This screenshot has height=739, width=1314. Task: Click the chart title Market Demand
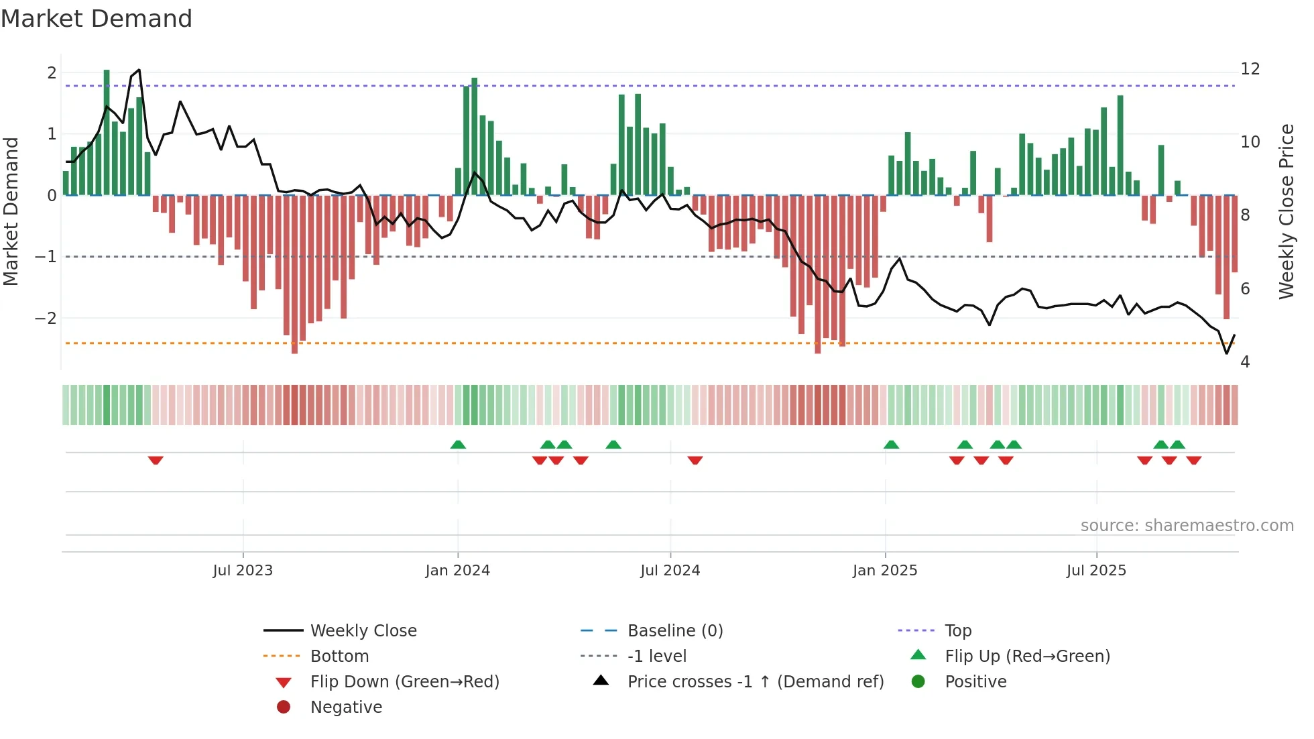click(97, 19)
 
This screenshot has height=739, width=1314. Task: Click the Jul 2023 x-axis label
click(243, 571)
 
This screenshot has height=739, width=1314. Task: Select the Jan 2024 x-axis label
click(458, 571)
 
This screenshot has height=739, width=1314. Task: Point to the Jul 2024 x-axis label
click(670, 571)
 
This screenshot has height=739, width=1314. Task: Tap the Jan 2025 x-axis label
click(885, 571)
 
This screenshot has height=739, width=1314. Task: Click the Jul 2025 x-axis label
click(1096, 571)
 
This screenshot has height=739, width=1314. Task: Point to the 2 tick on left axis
click(52, 72)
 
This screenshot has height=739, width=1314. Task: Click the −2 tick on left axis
click(46, 318)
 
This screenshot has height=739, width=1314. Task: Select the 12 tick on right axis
click(1250, 69)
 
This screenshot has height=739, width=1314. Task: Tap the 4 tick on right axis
click(1245, 362)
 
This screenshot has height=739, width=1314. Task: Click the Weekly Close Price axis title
click(1286, 211)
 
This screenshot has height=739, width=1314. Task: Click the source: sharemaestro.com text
click(1187, 526)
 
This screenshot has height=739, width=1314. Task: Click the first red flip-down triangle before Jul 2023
click(156, 460)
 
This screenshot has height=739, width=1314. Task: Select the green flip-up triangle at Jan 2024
click(458, 445)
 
